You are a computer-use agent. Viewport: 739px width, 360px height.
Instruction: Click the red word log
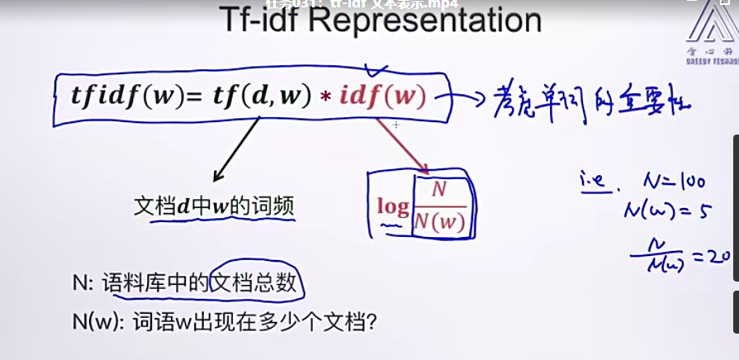tap(393, 206)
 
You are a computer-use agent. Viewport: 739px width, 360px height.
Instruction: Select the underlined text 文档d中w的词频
tap(214, 207)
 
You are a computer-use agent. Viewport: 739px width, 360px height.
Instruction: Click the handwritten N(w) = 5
tap(667, 211)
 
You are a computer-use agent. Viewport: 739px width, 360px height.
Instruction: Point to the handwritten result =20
tap(709, 257)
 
